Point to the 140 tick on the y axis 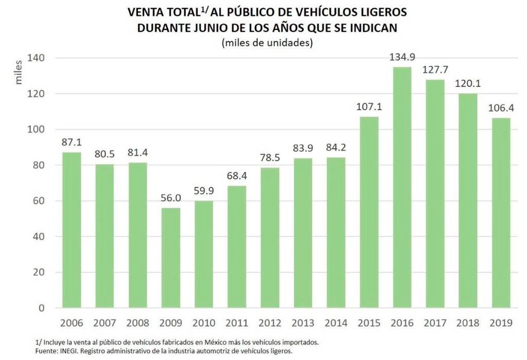click(41, 58)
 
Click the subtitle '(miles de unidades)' click(267, 43)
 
